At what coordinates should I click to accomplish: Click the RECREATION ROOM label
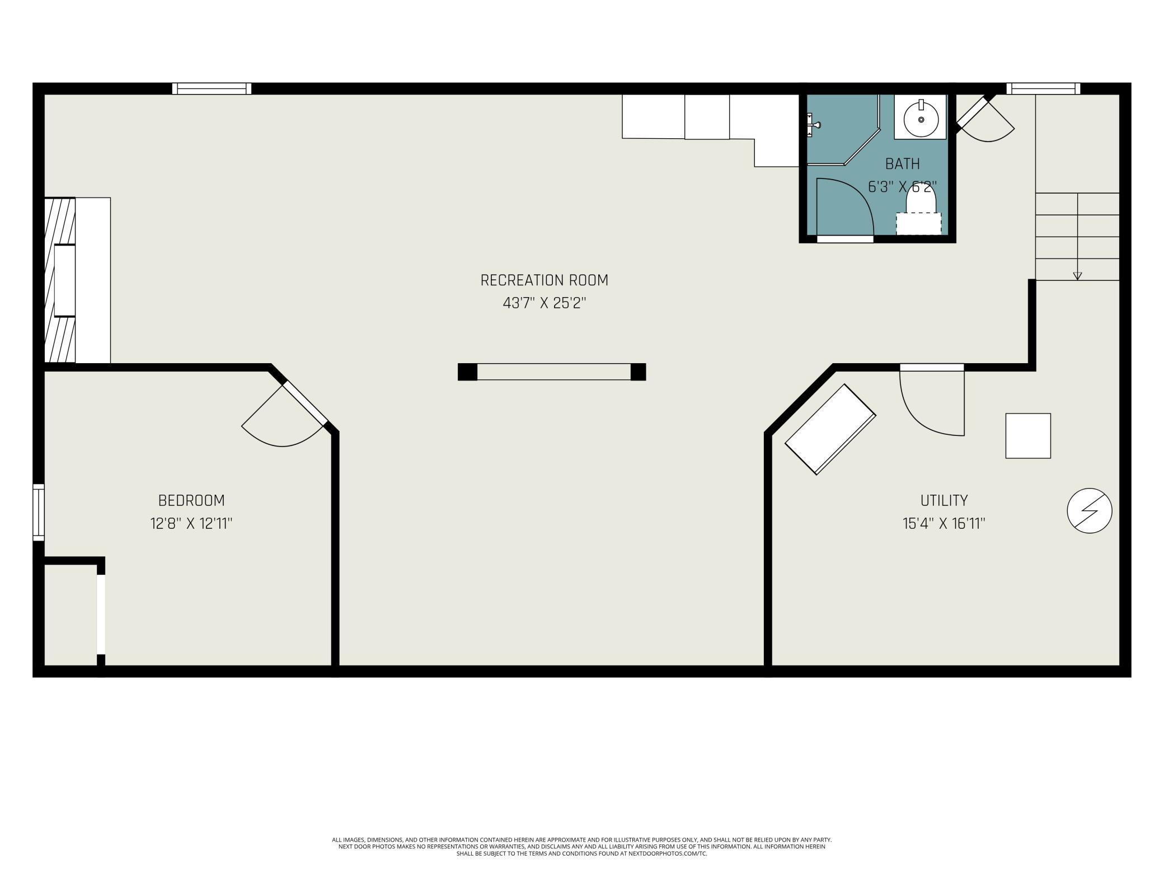coord(544,280)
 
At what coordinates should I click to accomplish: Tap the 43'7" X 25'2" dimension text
coord(544,303)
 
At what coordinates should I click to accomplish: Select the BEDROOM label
coord(191,500)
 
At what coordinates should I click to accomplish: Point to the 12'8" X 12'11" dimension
coord(191,524)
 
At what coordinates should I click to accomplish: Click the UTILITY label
coord(944,500)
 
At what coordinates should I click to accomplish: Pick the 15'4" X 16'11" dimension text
coord(944,524)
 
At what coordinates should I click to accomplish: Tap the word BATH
coord(903,163)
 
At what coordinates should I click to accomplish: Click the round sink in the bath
coord(921,119)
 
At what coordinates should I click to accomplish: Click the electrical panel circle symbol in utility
coord(1090,510)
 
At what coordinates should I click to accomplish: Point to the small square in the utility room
coord(1028,436)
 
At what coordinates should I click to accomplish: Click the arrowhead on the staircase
coord(1077,275)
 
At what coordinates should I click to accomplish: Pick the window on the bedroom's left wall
coord(39,512)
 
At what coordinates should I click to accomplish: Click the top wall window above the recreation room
coord(212,88)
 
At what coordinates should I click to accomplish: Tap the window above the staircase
coord(1043,88)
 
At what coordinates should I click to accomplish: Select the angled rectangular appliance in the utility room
coord(830,429)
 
